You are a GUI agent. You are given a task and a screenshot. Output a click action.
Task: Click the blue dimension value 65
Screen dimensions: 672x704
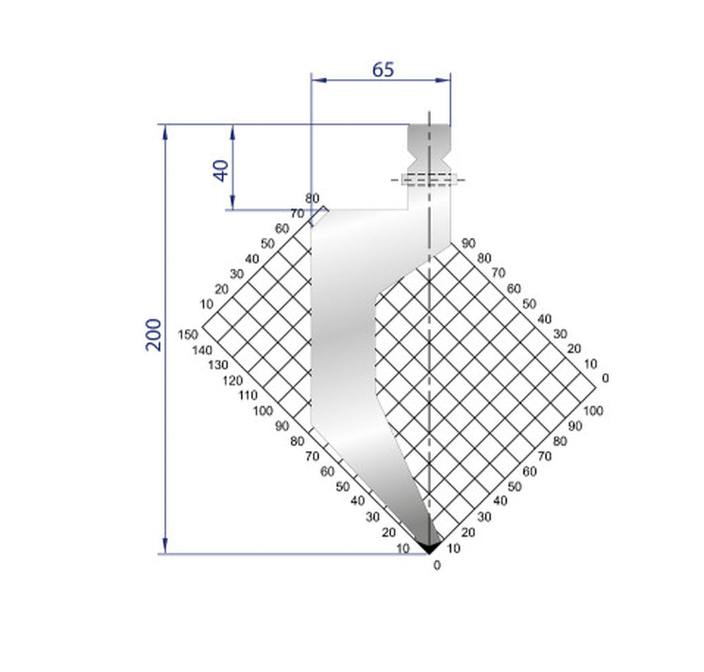click(x=383, y=69)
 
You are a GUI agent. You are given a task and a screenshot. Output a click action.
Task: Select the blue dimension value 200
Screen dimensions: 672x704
click(x=155, y=335)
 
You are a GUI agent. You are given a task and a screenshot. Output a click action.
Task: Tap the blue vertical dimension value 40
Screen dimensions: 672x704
click(x=221, y=170)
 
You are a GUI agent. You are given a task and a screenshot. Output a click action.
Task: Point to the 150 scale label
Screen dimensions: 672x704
click(x=187, y=334)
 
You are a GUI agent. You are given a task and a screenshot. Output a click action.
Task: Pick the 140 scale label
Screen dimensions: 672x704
click(x=202, y=350)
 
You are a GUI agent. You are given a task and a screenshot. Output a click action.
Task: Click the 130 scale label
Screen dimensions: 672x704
click(x=217, y=365)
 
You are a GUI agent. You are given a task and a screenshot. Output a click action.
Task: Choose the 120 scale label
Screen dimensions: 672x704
click(x=232, y=380)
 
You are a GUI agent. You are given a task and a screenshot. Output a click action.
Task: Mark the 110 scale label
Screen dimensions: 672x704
click(x=247, y=395)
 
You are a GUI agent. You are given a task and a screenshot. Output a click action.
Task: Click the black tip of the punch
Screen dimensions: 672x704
click(x=429, y=548)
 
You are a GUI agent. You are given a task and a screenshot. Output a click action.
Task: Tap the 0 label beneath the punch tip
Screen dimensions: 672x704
click(x=437, y=566)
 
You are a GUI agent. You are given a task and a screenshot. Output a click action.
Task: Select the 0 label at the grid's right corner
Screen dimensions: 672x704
click(x=605, y=378)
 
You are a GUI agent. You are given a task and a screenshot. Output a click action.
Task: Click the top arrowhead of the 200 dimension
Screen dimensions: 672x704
click(x=165, y=131)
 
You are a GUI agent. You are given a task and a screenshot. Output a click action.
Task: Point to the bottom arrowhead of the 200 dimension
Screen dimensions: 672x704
click(x=165, y=548)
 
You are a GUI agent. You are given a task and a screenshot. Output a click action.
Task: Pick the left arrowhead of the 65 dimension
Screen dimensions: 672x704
click(x=318, y=80)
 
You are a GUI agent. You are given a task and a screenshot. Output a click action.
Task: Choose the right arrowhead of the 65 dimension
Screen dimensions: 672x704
click(x=445, y=80)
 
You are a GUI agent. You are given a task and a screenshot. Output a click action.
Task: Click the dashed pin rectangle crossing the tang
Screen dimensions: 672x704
click(x=429, y=180)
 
